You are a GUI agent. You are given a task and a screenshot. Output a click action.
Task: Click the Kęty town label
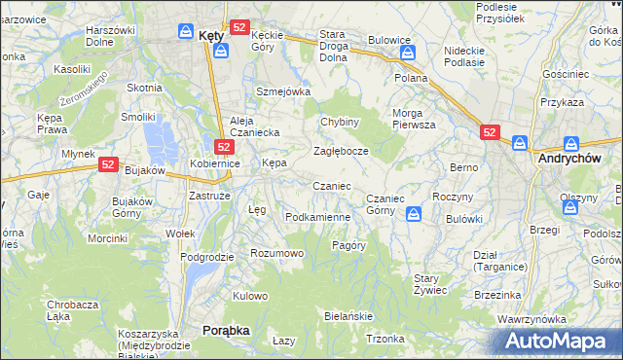pos(211,34)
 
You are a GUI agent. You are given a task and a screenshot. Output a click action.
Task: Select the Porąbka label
pos(226,330)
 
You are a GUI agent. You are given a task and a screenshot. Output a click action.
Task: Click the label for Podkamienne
pos(317,216)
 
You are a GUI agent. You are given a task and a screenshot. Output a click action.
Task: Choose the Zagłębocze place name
pos(341,151)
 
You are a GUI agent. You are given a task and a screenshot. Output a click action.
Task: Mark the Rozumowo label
pos(277,253)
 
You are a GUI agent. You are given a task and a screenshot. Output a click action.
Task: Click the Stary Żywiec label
pos(430,284)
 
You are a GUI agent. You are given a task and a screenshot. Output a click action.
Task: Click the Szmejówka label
pos(282,91)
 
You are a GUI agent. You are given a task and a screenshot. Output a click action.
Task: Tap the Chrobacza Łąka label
pos(72,310)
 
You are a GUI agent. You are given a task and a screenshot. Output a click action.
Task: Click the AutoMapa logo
pos(559,342)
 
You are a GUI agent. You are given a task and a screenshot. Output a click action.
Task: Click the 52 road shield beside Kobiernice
pos(223,147)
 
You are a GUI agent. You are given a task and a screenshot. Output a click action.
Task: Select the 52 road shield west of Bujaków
pos(108,165)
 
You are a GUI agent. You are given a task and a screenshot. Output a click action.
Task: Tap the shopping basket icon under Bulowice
pos(407,54)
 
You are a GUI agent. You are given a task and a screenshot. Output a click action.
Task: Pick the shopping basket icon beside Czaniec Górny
pos(415,212)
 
